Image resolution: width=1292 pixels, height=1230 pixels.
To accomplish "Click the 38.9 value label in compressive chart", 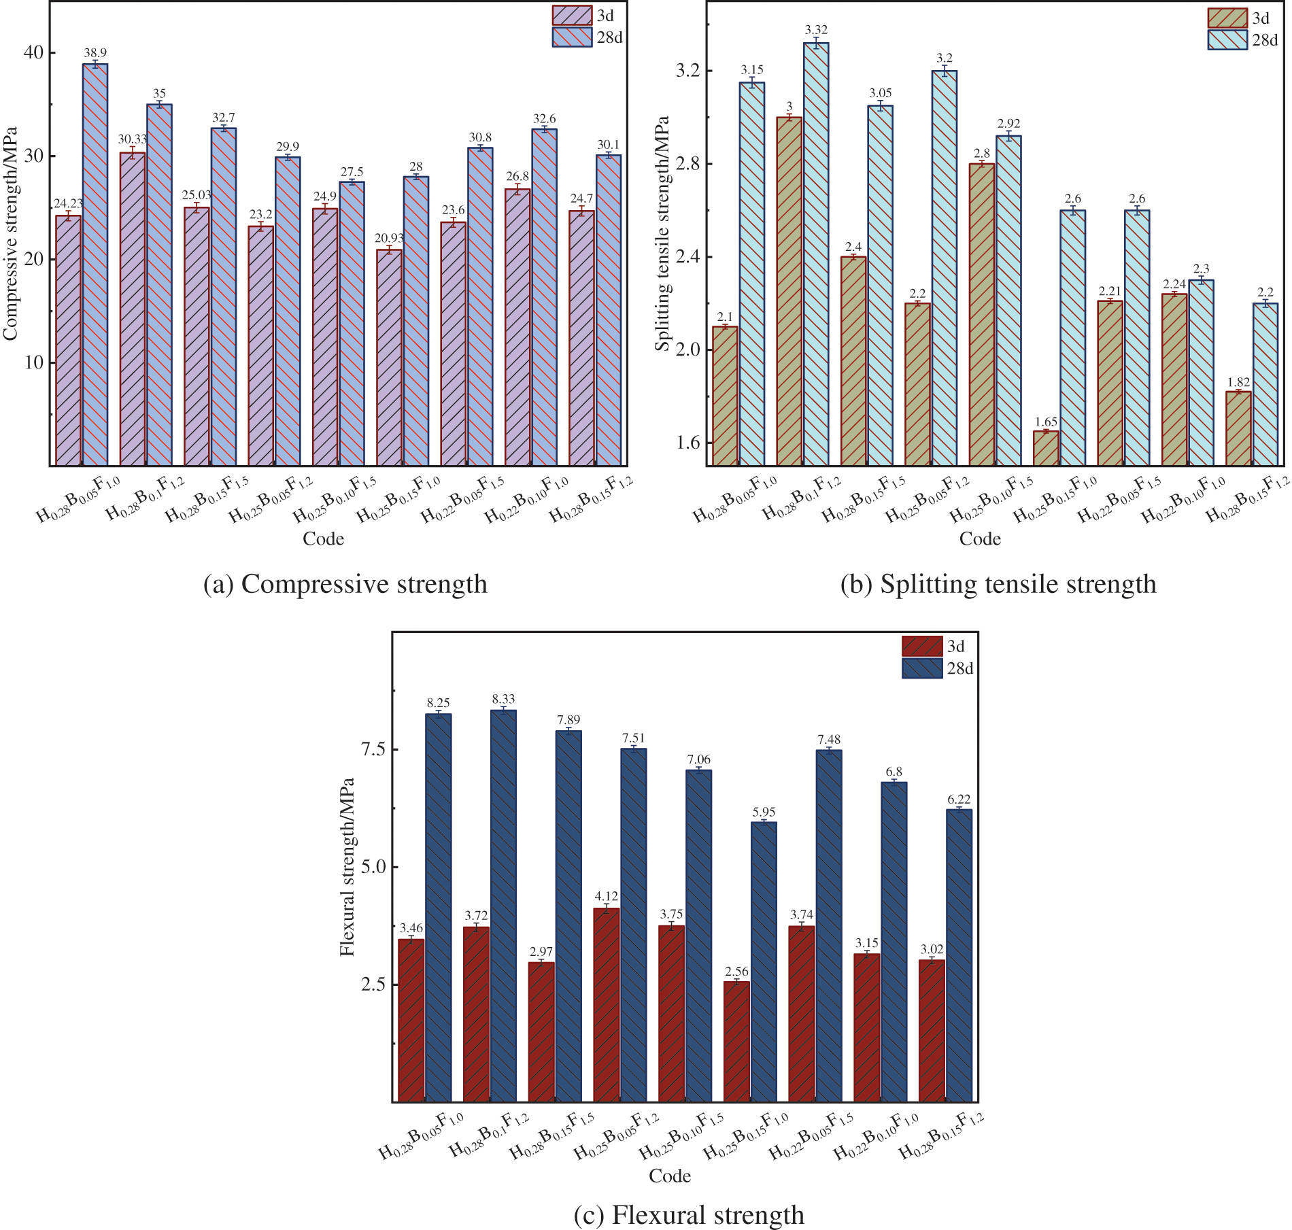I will (95, 52).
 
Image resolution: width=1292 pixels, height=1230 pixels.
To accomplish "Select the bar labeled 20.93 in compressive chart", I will (389, 357).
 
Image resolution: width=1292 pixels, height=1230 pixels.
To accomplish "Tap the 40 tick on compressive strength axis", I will (33, 52).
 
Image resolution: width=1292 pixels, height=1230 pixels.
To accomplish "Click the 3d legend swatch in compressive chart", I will (572, 16).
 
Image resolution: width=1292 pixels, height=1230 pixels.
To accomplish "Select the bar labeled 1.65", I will (1046, 448).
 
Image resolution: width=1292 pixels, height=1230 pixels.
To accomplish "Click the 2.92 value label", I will (1008, 123).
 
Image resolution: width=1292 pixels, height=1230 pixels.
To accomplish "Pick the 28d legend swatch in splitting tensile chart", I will (1227, 40).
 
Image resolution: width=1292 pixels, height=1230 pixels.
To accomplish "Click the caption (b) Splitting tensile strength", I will (998, 584).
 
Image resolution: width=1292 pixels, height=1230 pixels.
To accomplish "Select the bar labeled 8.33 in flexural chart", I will (503, 904).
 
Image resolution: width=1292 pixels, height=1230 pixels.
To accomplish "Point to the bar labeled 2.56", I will (736, 1040).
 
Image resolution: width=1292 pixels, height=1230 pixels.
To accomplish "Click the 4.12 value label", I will (606, 896).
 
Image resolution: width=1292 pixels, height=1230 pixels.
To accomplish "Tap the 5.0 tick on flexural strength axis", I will (371, 867).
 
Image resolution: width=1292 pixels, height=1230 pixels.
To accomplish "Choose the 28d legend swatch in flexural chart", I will (922, 668).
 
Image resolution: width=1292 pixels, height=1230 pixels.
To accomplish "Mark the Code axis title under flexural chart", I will (670, 1176).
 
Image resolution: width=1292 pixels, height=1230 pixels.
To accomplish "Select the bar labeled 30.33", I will (133, 309).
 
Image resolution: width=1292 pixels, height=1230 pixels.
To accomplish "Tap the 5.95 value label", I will (764, 812).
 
